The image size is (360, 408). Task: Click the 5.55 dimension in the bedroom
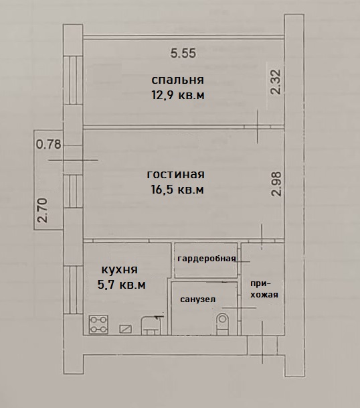[x=183, y=53]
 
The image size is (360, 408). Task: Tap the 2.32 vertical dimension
[x=276, y=82]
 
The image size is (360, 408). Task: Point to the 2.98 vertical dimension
[x=276, y=184]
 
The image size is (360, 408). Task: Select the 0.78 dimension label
[x=48, y=144]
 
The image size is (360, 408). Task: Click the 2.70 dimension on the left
[x=43, y=210]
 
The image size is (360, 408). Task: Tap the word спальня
[x=177, y=80]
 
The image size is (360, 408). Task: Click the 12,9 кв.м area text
[x=178, y=95]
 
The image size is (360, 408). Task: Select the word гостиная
[x=176, y=174]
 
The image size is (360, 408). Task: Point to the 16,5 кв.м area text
[x=177, y=190]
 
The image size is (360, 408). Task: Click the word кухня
[x=119, y=269]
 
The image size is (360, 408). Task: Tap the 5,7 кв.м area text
[x=121, y=285]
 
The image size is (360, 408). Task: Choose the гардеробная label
[x=207, y=259]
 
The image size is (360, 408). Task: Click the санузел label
[x=198, y=299]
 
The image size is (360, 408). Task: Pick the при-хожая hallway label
[x=264, y=289]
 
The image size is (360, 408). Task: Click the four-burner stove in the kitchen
[x=98, y=324]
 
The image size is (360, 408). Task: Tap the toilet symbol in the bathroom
[x=222, y=324]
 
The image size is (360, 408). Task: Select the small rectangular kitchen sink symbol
[x=125, y=329]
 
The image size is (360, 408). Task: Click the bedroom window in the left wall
[x=74, y=80]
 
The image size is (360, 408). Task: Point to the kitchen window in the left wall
[x=74, y=290]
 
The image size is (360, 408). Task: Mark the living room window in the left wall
[x=74, y=191]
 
